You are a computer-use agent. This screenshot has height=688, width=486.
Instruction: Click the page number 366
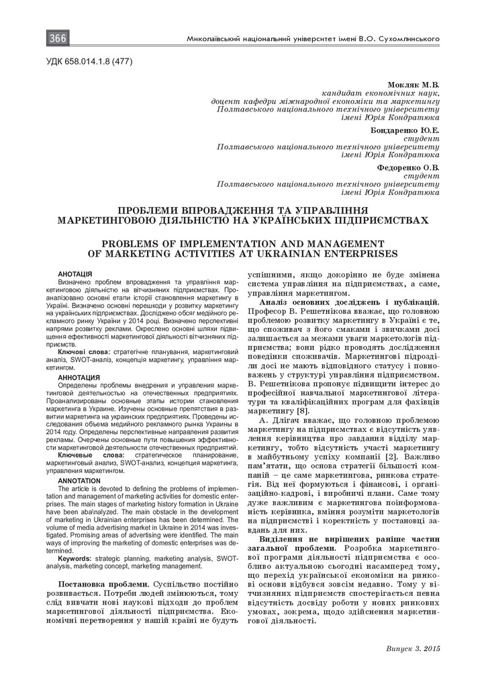click(57, 39)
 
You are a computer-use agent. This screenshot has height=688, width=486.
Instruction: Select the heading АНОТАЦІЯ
click(75, 275)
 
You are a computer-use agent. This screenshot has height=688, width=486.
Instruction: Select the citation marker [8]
click(303, 410)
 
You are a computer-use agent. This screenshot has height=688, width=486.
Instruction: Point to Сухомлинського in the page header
click(407, 40)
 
